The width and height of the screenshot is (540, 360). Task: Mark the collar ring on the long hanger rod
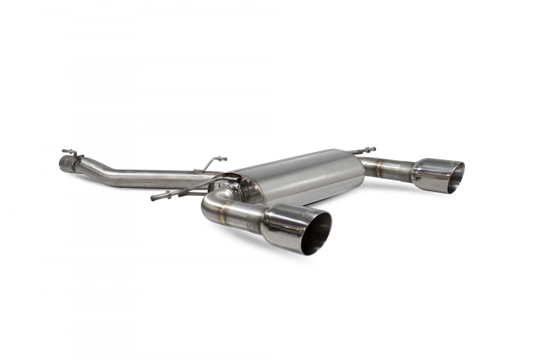(168, 194)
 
